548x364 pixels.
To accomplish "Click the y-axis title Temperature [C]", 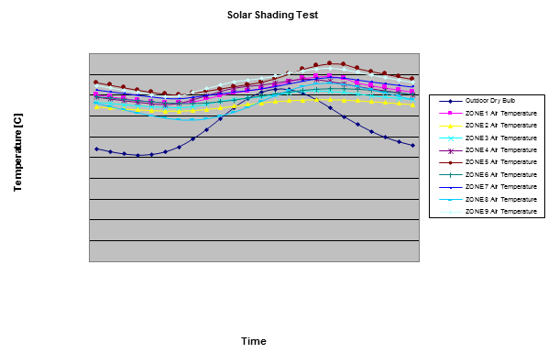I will point(17,153).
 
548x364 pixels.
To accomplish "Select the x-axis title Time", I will point(253,341).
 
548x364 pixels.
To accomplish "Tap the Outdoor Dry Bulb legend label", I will point(489,101).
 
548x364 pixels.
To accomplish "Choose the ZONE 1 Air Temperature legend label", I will point(500,113).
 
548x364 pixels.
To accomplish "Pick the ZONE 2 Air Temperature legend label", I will point(500,126).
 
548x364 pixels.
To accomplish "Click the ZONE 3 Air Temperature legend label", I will point(500,138).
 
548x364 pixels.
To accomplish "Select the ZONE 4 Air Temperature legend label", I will point(500,149).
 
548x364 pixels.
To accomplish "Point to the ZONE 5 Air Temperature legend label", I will point(500,161).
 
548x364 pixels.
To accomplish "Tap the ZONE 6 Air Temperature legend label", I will point(500,174).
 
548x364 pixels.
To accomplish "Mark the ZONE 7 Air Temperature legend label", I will point(500,186).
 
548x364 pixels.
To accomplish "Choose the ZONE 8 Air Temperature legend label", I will point(500,199).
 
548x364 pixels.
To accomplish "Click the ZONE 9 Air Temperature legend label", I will point(500,211).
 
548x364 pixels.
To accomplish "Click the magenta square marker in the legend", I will point(451,113).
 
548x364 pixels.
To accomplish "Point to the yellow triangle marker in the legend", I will point(451,126).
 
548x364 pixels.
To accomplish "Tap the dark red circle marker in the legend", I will point(451,161).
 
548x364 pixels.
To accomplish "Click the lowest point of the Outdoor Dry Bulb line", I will point(137,155).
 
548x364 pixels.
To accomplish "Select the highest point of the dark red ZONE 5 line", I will point(329,62).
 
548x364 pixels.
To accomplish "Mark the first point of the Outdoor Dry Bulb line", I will point(96,149).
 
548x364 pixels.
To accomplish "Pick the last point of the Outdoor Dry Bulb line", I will point(412,145).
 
